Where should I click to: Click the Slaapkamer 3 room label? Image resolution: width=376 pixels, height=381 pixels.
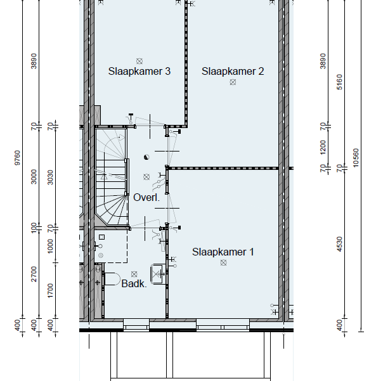click(x=139, y=72)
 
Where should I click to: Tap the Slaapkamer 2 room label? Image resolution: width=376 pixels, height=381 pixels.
click(x=233, y=72)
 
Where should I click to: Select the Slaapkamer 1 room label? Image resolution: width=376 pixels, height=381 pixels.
click(x=223, y=252)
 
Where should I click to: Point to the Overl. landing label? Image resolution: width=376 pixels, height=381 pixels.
click(x=146, y=197)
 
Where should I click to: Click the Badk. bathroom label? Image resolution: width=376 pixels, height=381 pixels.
click(x=134, y=283)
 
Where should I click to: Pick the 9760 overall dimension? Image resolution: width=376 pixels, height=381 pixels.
click(x=18, y=158)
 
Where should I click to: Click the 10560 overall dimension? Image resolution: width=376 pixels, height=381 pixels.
click(x=356, y=158)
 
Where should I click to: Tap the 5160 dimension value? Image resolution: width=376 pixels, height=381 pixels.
click(x=340, y=82)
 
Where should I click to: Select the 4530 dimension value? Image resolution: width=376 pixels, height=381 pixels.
click(x=340, y=244)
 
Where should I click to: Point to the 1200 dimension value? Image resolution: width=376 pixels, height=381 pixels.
click(x=323, y=147)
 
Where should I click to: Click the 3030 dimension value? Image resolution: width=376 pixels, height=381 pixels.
click(x=50, y=178)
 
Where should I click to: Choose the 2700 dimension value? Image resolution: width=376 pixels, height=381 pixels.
click(x=34, y=274)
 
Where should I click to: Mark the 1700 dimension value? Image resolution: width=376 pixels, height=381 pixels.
click(x=50, y=290)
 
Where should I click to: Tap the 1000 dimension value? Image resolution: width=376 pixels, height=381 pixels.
click(x=50, y=246)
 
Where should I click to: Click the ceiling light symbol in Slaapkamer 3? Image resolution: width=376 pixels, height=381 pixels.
click(x=139, y=61)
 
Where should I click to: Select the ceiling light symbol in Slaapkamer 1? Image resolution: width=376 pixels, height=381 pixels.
click(x=224, y=262)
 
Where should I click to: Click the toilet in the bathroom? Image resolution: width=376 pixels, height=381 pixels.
click(x=112, y=279)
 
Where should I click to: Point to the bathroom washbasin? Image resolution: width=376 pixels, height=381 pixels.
click(x=157, y=274)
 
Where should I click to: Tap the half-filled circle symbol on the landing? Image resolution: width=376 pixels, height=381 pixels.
click(x=146, y=157)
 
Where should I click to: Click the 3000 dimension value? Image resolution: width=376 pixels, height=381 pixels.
click(x=34, y=177)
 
